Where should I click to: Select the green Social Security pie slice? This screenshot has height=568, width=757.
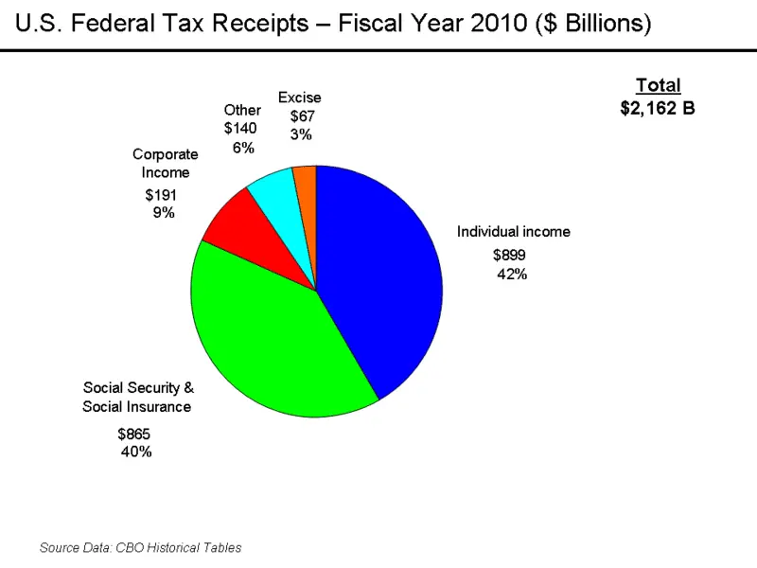[x=274, y=331]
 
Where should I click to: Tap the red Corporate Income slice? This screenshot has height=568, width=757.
[x=232, y=227]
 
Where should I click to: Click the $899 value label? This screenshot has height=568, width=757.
[x=509, y=255]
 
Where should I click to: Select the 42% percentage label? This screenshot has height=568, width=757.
[x=512, y=275]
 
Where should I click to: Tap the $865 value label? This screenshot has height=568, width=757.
[x=133, y=434]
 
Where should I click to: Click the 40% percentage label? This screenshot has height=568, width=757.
[x=136, y=453]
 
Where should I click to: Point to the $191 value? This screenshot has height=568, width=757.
[x=161, y=195]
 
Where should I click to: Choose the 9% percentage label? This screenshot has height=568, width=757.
[x=164, y=213]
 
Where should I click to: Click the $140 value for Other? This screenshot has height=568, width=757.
[x=240, y=128]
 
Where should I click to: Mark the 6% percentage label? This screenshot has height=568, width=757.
[x=243, y=148]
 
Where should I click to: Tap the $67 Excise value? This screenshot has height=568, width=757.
[x=302, y=115]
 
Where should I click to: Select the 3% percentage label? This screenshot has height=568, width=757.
[x=301, y=134]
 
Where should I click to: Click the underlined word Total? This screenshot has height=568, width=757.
[x=658, y=85]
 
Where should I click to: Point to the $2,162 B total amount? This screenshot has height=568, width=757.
[x=658, y=108]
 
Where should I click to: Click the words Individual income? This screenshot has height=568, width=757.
[x=514, y=231]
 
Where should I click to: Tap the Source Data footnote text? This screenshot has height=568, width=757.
[x=140, y=547]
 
